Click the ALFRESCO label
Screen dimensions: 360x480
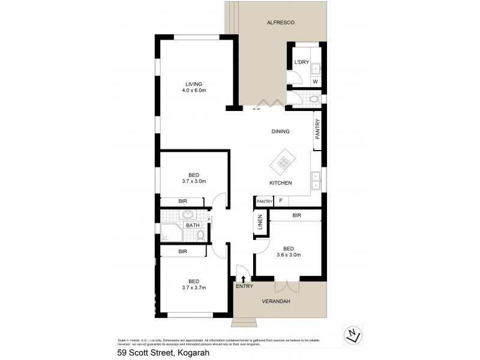tap(280, 23)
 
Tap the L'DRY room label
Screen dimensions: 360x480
tap(301, 63)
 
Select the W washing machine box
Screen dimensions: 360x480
tap(314, 82)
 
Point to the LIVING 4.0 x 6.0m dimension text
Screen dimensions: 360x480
tap(194, 91)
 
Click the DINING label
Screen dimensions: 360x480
tap(280, 131)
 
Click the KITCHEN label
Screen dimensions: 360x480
tap(280, 182)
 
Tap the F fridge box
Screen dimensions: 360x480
tap(281, 201)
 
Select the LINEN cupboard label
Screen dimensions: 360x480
tap(260, 222)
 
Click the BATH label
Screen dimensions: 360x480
tap(192, 226)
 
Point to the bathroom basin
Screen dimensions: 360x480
tap(188, 214)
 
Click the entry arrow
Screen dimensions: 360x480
tap(243, 278)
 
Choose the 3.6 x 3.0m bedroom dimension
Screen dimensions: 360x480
tap(289, 255)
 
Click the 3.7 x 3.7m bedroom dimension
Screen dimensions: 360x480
tap(194, 288)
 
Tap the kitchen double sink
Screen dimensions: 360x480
tap(316, 176)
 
